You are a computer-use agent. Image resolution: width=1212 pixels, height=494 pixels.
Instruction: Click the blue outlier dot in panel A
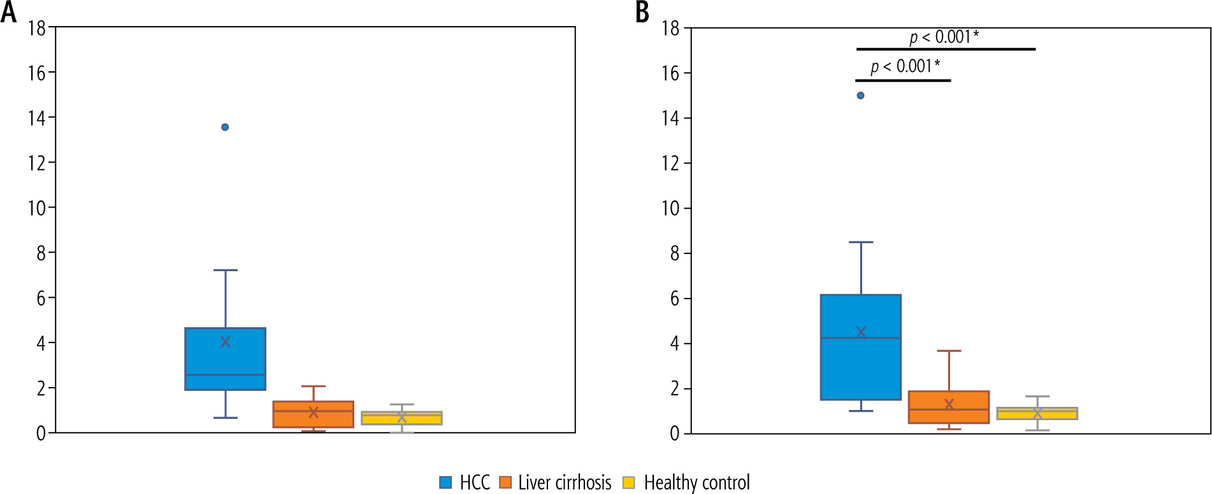[x=225, y=127]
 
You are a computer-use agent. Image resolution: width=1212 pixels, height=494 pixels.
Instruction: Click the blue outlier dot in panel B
[x=860, y=95]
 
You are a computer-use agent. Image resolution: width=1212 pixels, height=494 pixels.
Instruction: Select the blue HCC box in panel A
[x=225, y=358]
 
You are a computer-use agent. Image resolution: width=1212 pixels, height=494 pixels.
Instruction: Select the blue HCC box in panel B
[x=860, y=347]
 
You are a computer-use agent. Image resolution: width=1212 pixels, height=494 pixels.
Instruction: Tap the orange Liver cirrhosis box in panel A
[x=313, y=414]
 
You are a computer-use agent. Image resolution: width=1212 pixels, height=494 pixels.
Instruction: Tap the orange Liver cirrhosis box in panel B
[x=948, y=407]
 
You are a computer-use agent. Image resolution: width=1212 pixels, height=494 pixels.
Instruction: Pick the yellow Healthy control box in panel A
[x=401, y=418]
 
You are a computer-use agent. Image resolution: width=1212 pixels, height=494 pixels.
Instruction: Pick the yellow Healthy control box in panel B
[x=1037, y=413]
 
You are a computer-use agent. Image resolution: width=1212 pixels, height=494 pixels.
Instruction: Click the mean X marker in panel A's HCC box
[x=225, y=342]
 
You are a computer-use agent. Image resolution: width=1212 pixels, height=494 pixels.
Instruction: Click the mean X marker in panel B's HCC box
[x=861, y=332]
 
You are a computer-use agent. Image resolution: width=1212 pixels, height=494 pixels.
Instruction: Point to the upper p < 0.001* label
[x=944, y=37]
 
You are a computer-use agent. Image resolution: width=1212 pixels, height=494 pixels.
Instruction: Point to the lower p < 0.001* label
[x=905, y=66]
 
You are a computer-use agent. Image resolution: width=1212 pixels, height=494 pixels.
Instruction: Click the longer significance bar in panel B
[x=945, y=49]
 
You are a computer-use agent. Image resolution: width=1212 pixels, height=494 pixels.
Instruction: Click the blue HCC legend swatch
[x=445, y=483]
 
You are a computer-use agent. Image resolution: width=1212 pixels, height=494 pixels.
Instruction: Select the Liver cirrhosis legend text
[x=565, y=483]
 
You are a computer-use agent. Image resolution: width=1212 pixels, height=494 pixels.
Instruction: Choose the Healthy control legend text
[x=696, y=483]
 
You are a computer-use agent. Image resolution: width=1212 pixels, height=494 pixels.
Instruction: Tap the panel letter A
[x=9, y=12]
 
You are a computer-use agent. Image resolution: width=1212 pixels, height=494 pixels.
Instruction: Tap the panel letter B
[x=642, y=12]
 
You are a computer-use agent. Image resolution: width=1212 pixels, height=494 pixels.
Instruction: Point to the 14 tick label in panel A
[x=37, y=118]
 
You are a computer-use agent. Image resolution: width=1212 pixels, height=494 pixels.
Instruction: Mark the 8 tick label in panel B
[x=675, y=253]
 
